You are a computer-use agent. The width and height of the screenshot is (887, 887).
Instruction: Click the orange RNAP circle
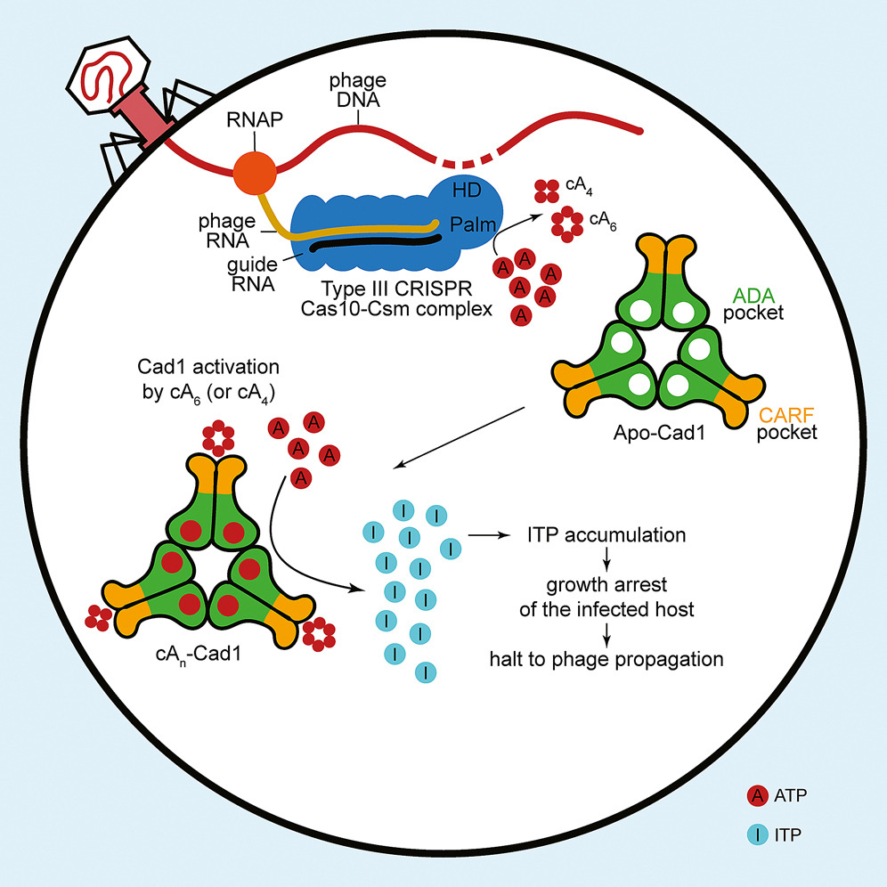(x=255, y=173)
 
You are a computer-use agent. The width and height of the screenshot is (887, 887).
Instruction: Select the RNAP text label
(x=255, y=120)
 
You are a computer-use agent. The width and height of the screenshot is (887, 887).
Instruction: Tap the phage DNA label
(x=357, y=90)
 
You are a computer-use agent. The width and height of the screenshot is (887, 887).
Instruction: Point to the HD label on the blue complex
(x=467, y=190)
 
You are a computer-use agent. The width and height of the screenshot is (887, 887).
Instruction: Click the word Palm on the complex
(x=473, y=224)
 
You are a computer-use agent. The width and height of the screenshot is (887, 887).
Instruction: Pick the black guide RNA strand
(x=376, y=243)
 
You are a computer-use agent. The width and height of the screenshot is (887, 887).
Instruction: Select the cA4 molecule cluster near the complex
(x=547, y=191)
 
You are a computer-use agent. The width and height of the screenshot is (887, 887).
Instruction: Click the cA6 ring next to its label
(x=567, y=224)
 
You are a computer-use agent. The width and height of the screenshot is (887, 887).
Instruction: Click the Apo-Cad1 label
(x=660, y=434)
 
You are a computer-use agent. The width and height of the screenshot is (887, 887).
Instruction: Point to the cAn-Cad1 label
(x=199, y=655)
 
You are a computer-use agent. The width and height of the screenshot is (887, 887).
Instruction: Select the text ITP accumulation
(x=606, y=535)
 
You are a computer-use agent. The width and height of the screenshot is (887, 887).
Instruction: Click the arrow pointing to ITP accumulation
(x=489, y=534)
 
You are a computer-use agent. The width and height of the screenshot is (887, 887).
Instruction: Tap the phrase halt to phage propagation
(x=606, y=660)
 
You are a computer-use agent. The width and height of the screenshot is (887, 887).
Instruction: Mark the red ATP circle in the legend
(x=758, y=795)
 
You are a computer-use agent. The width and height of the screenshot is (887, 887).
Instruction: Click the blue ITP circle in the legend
(x=758, y=834)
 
